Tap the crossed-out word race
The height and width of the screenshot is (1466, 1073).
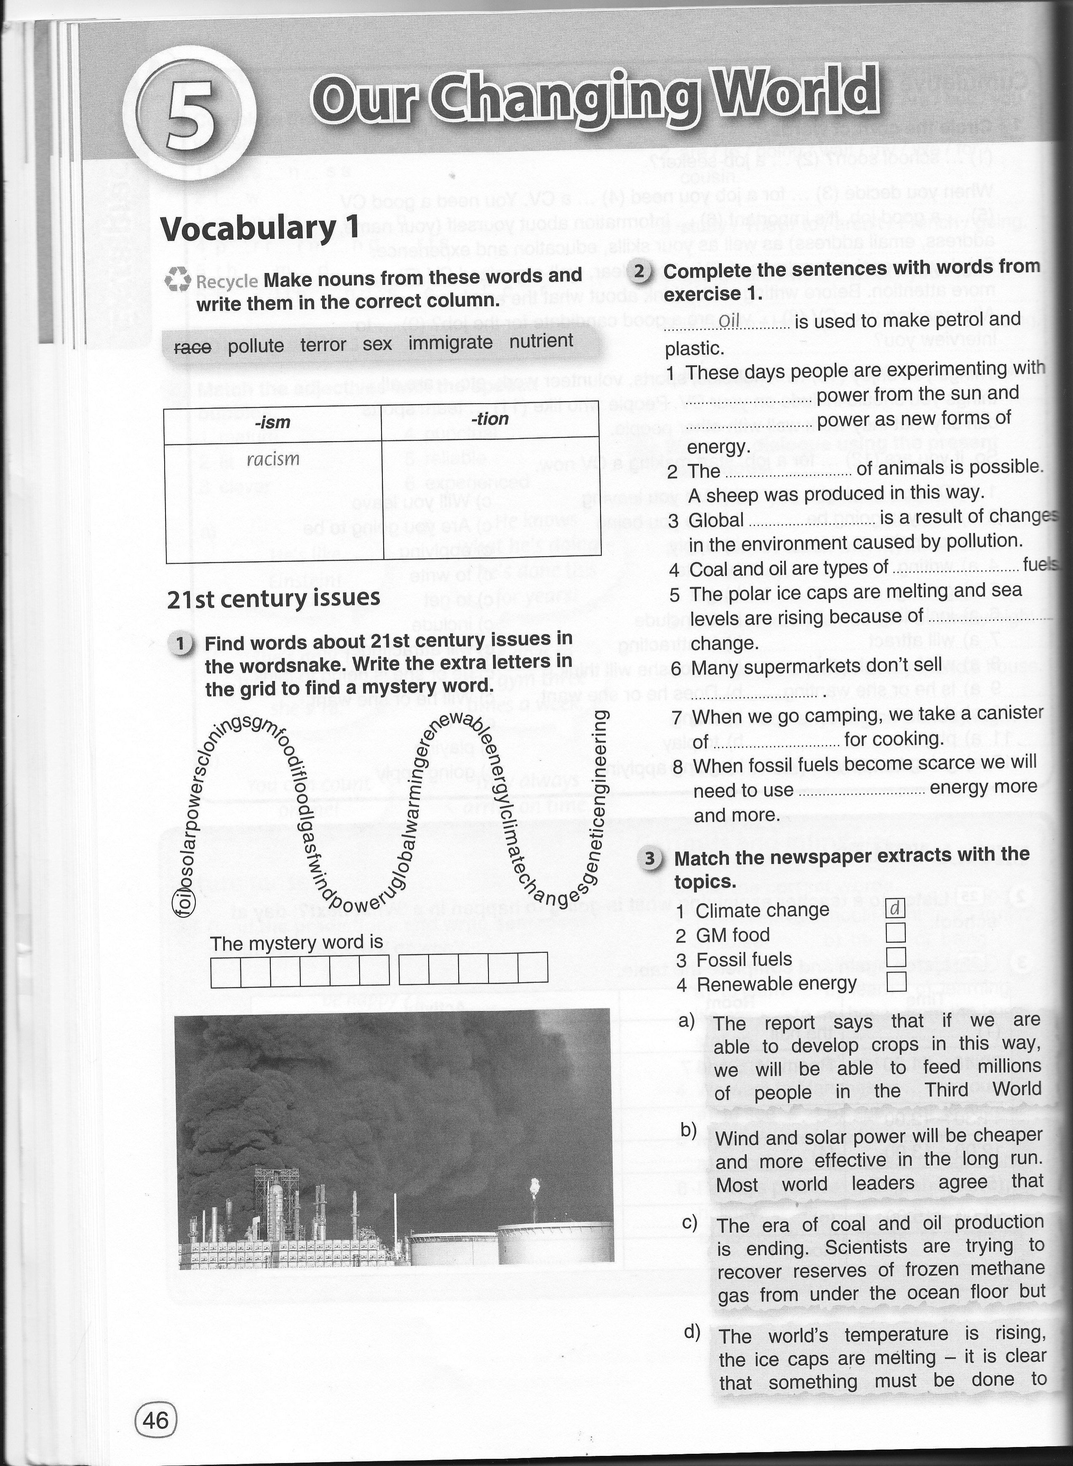(193, 348)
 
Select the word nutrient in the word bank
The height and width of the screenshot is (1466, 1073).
(542, 340)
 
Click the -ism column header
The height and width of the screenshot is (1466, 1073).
(273, 423)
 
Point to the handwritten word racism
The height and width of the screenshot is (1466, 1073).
(273, 459)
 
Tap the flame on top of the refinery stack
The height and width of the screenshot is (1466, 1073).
(535, 1185)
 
